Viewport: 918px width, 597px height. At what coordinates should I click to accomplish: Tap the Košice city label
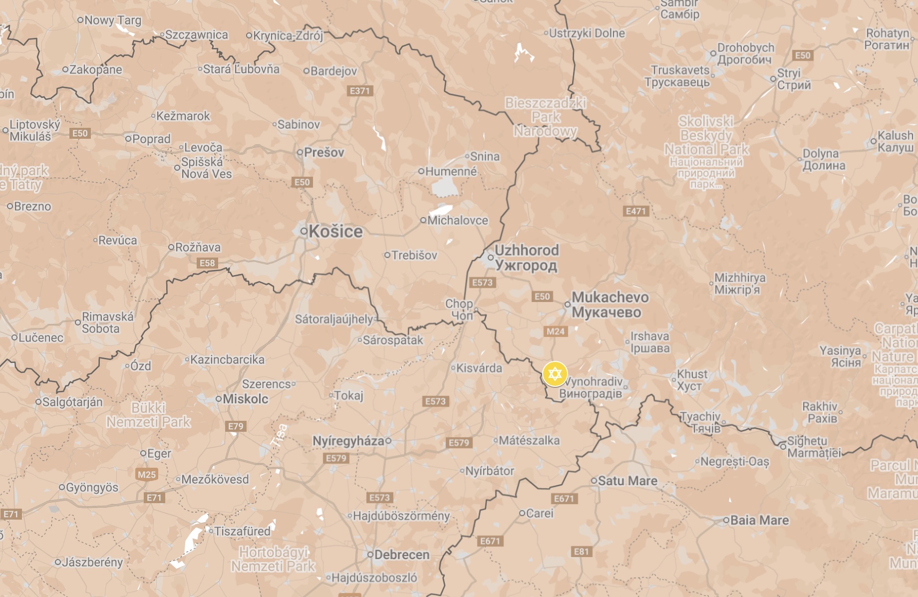(335, 232)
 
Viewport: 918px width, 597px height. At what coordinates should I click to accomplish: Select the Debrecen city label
(401, 555)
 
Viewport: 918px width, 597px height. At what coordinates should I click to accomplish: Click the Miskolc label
(245, 399)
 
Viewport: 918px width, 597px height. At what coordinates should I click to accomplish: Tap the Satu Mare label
(627, 481)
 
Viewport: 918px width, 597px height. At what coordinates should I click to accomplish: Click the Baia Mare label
(759, 520)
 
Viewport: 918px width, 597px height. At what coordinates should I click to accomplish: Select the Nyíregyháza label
(348, 441)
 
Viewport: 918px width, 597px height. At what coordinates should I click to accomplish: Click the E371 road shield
(359, 91)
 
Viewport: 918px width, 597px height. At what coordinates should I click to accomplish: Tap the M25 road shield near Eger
(147, 474)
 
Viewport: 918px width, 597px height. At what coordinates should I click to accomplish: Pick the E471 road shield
(636, 211)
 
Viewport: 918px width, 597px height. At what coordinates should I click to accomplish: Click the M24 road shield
(555, 331)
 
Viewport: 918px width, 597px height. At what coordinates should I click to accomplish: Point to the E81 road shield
(581, 552)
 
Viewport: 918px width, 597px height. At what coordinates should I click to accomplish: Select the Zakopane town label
(95, 69)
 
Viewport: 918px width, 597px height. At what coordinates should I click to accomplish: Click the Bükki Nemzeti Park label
(148, 415)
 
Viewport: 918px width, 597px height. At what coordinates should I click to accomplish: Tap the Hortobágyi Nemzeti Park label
(273, 559)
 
